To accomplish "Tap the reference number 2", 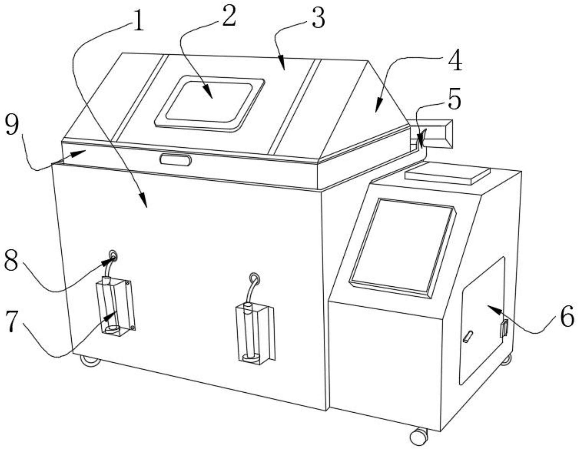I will (229, 17).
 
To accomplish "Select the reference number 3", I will (318, 18).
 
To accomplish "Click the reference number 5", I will (454, 99).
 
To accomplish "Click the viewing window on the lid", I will (209, 103).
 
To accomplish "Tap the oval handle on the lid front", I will (175, 160).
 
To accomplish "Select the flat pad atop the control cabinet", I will (447, 174).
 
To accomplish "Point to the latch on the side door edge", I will (504, 328).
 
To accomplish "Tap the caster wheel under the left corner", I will (90, 361).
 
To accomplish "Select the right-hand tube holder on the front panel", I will (255, 333).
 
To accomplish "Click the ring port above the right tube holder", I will (255, 277).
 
